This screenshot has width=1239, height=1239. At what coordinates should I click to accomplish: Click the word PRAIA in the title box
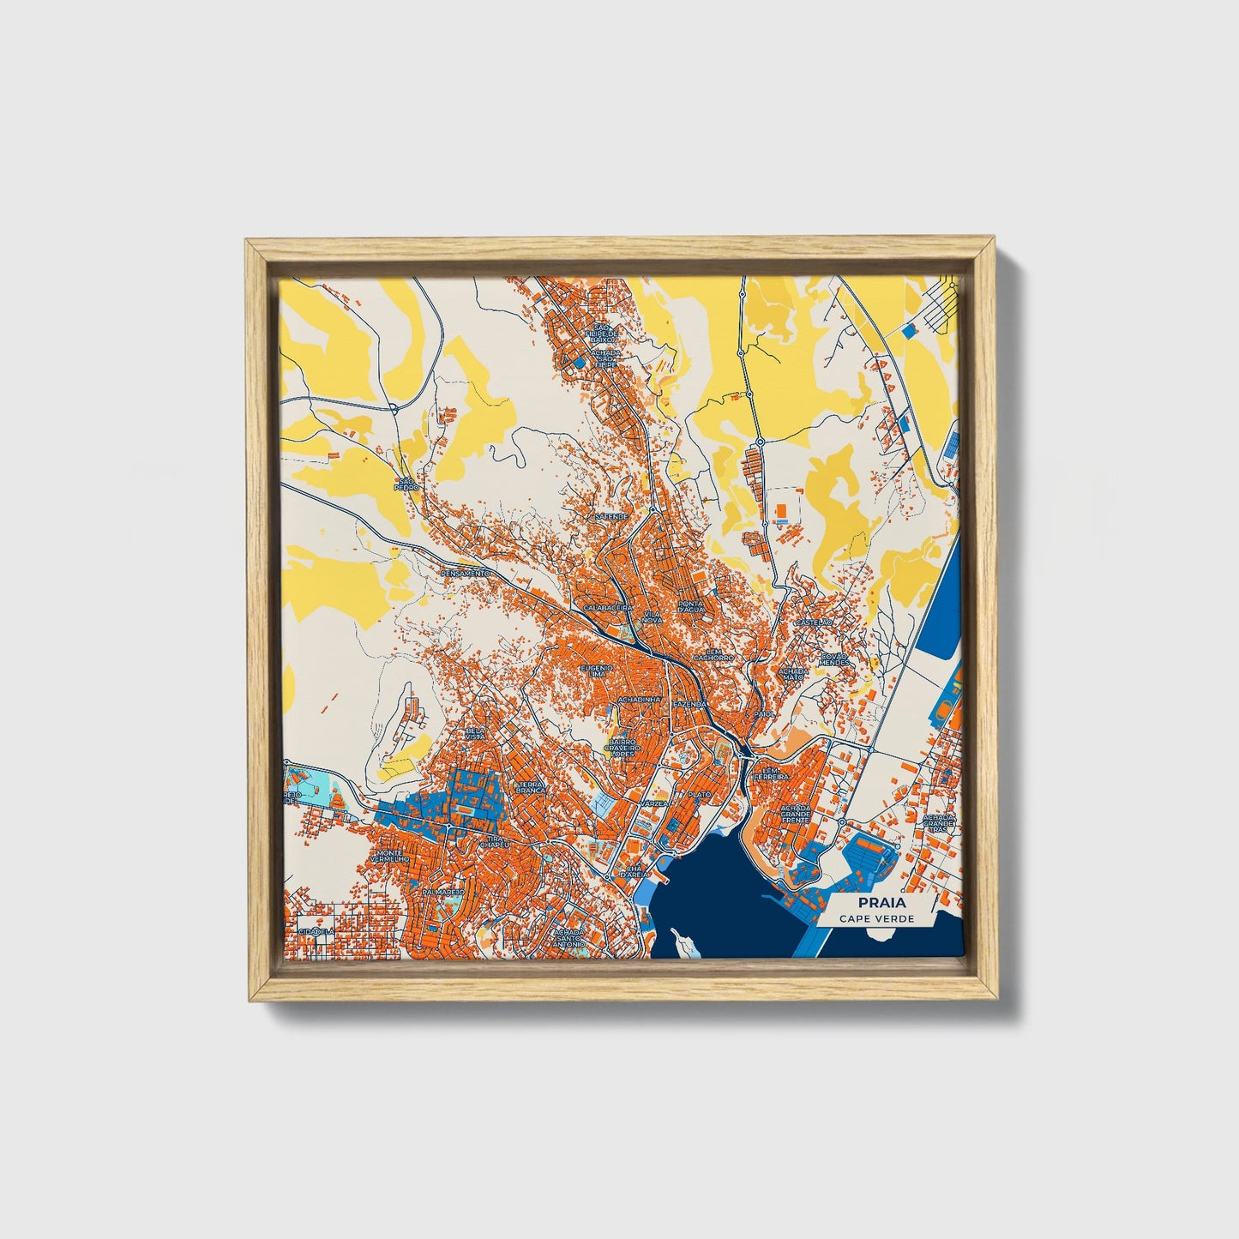point(875,903)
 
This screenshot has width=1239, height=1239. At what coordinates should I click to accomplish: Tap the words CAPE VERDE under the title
point(876,919)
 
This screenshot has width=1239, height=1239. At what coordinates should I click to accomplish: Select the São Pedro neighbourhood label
point(406,484)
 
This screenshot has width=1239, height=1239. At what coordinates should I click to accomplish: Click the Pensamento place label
point(465,573)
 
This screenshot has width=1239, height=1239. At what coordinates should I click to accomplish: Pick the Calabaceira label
point(608,607)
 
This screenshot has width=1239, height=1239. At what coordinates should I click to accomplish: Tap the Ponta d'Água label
point(691,606)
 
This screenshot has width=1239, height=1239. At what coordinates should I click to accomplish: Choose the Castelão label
point(814,623)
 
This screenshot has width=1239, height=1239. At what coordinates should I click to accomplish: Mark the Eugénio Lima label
point(597,671)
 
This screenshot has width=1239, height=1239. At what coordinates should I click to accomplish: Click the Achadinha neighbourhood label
point(640,701)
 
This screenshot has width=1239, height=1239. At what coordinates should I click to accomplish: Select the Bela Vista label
point(475,733)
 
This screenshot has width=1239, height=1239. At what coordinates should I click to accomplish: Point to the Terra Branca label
point(530,787)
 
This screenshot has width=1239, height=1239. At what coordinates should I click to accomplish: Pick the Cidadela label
point(315,931)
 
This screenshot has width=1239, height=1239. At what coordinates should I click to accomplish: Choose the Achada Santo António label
point(570,937)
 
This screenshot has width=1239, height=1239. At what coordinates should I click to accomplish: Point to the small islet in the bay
point(682,941)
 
